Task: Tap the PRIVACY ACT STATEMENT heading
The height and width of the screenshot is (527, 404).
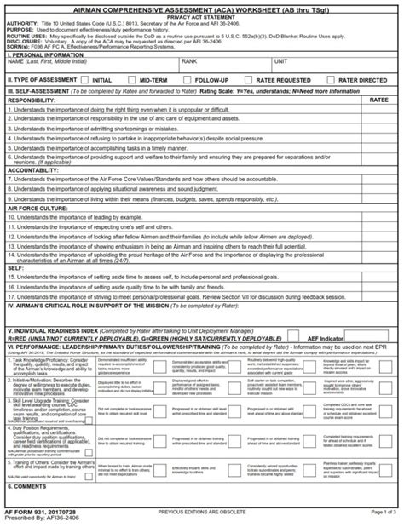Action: pyautogui.click(x=202, y=16)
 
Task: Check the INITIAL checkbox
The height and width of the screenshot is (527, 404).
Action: pyautogui.click(x=86, y=78)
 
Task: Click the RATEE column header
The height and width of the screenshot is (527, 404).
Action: pyautogui.click(x=380, y=100)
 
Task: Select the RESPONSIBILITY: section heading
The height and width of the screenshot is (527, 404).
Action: pyautogui.click(x=32, y=100)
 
